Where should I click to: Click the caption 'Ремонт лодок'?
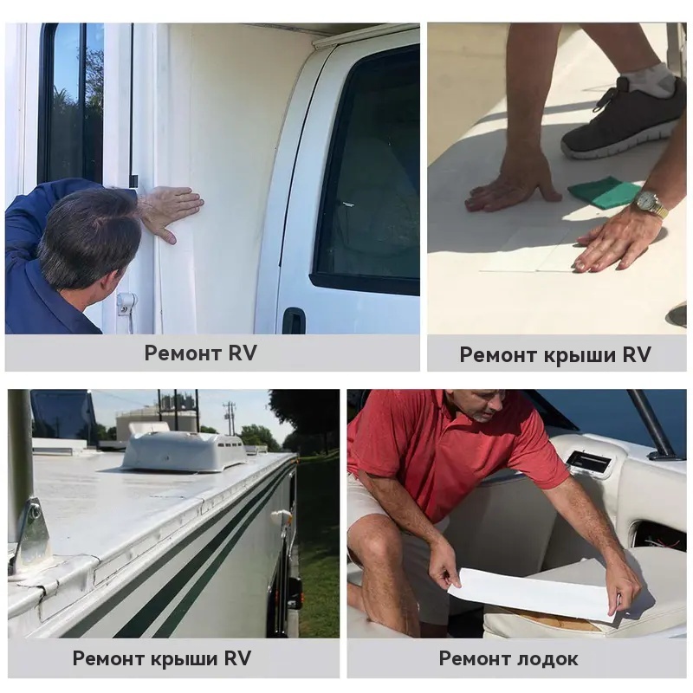point(508,658)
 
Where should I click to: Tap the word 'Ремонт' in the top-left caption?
point(183,353)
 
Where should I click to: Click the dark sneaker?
point(622,118)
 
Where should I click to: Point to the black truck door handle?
point(294,320)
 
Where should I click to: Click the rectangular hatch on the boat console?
point(590,463)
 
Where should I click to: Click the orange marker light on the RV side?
point(282,515)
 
